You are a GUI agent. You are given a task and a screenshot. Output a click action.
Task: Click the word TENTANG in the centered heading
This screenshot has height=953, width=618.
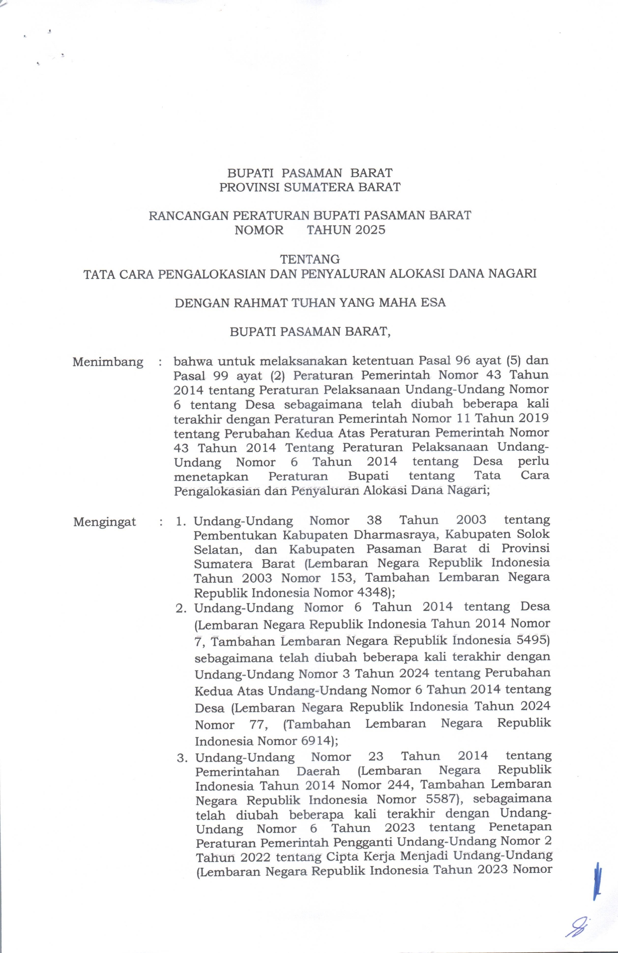pyautogui.click(x=309, y=259)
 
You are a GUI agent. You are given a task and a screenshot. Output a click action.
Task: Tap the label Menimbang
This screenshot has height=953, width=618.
pyautogui.click(x=108, y=362)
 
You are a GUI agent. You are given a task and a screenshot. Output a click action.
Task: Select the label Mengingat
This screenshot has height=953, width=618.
pyautogui.click(x=105, y=522)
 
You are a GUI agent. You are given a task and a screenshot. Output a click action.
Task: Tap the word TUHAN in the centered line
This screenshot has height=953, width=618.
pyautogui.click(x=313, y=302)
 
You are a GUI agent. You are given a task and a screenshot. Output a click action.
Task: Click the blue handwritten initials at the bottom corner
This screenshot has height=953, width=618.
pyautogui.click(x=577, y=927)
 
